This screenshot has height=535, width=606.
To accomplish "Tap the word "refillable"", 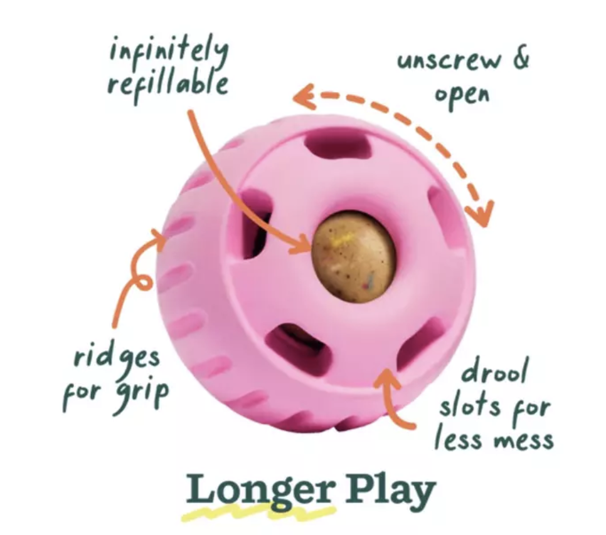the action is click(x=167, y=85).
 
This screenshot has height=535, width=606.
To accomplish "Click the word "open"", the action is click(x=462, y=95).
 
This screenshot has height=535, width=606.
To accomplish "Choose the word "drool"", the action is click(x=495, y=371).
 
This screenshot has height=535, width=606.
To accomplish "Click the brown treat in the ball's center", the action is click(x=353, y=256).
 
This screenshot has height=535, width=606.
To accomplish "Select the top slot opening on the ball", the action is click(x=337, y=145).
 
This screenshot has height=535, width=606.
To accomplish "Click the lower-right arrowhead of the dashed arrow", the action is click(x=480, y=213).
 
